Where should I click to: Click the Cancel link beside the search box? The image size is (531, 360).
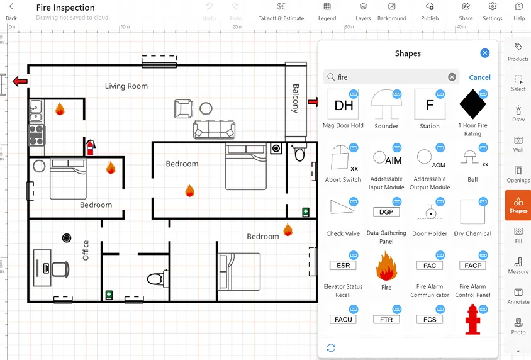[479, 77]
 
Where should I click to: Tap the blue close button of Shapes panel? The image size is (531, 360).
[484, 53]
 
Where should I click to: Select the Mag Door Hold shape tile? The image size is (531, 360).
[344, 106]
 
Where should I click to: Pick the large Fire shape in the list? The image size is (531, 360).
[386, 266]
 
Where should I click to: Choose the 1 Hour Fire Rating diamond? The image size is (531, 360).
[472, 105]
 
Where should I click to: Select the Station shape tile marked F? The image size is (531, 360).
[430, 105]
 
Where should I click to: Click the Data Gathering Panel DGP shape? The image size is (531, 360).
[386, 212]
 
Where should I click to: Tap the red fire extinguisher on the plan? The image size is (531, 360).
[90, 147]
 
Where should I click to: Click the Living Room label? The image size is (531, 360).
[126, 86]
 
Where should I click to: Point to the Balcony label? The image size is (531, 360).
[295, 98]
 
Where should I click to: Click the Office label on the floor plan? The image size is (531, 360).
[86, 250]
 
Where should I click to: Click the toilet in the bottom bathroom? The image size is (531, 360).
[155, 278]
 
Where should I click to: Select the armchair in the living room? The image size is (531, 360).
[182, 109]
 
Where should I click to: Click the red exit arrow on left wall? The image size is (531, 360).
[21, 81]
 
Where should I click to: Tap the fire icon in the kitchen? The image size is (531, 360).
[60, 109]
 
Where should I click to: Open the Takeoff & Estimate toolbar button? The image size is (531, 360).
[281, 11]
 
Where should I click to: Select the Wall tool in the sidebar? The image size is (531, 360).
[518, 143]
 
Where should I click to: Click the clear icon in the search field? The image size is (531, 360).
[452, 77]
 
